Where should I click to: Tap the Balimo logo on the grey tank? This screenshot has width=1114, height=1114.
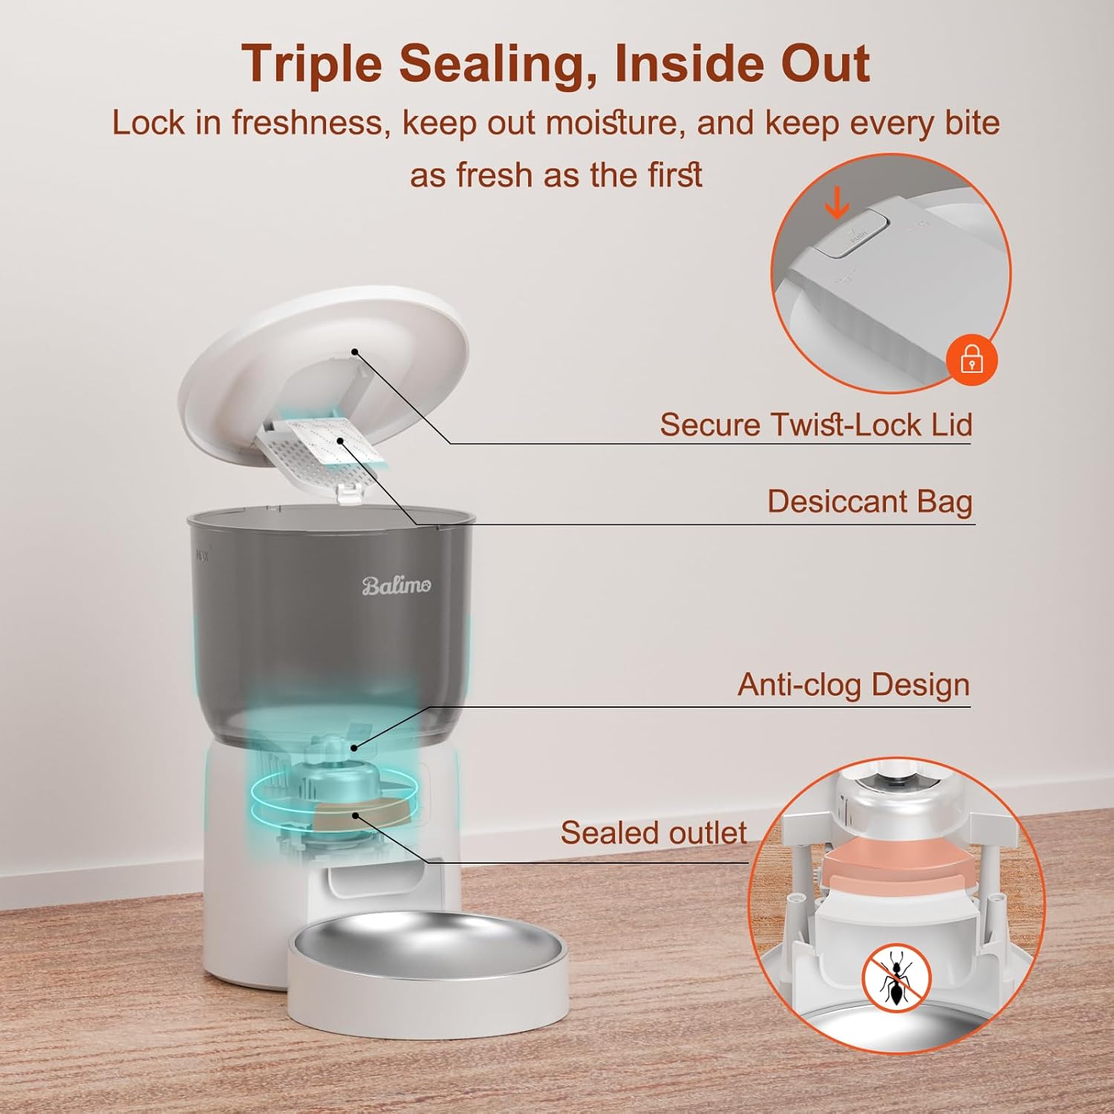[x=396, y=586]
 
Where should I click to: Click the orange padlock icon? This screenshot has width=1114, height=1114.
[x=972, y=359]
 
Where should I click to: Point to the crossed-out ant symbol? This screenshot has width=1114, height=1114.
[x=896, y=978]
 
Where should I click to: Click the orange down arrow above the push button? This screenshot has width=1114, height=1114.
[x=838, y=203]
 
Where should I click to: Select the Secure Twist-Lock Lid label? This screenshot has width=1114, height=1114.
[x=816, y=425]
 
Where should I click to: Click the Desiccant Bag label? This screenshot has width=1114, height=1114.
[x=870, y=502]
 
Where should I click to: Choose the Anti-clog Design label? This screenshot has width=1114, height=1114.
[x=854, y=685]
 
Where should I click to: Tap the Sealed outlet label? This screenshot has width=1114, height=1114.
[x=654, y=833]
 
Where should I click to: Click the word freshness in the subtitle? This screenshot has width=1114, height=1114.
[x=310, y=123]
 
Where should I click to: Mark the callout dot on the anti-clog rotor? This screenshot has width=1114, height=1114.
[x=355, y=748]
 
